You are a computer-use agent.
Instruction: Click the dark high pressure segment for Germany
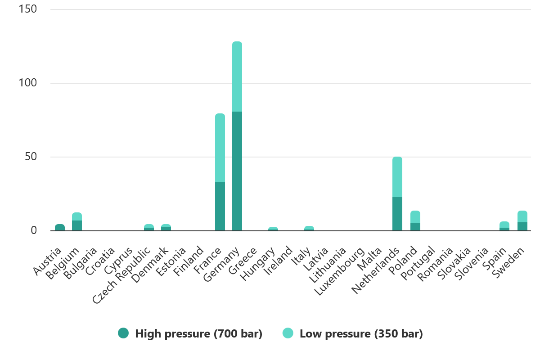pyautogui.click(x=237, y=171)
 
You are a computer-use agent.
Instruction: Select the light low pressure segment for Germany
pyautogui.click(x=237, y=76)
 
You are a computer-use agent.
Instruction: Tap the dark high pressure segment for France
pyautogui.click(x=220, y=206)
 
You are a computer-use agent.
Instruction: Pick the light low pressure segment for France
pyautogui.click(x=220, y=148)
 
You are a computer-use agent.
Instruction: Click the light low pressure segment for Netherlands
pyautogui.click(x=397, y=177)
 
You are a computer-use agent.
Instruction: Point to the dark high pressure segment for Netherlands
pyautogui.click(x=397, y=214)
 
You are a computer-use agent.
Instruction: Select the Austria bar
pyautogui.click(x=60, y=228)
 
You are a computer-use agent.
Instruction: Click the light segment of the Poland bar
pyautogui.click(x=415, y=217)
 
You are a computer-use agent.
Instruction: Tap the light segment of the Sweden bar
pyautogui.click(x=522, y=216)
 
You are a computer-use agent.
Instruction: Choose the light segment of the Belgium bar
pyautogui.click(x=77, y=216)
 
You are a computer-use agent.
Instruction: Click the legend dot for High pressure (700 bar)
pyautogui.click(x=123, y=333)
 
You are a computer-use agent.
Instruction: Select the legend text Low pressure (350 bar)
pyautogui.click(x=361, y=334)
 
